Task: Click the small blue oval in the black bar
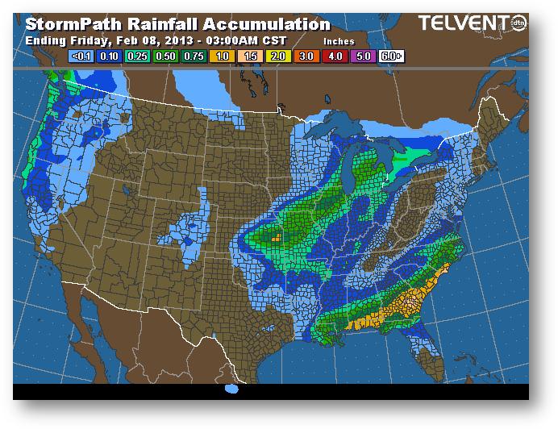pyautogui.click(x=232, y=389)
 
